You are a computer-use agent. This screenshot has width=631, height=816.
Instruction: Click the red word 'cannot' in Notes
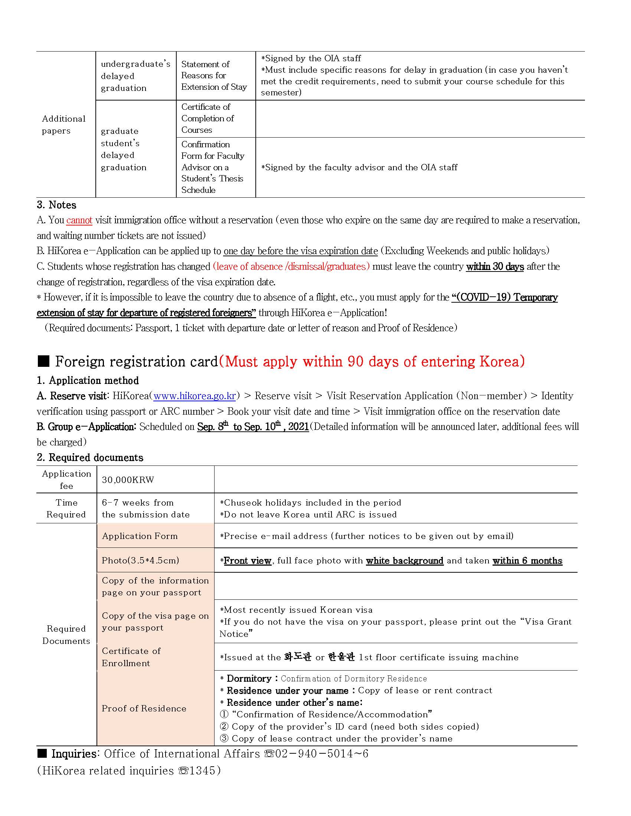[79, 220]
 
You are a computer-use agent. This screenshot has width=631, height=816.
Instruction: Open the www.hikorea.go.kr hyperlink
[194, 396]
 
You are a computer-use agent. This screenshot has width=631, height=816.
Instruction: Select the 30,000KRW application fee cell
[128, 480]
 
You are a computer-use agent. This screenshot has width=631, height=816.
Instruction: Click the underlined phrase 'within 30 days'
[494, 266]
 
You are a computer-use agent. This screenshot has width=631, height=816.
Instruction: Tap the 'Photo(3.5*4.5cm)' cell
[140, 560]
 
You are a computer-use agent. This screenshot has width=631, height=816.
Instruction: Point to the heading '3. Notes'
[56, 205]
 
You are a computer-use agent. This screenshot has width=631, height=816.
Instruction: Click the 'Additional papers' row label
[63, 124]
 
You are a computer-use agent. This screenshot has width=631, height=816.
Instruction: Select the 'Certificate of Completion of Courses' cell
[207, 118]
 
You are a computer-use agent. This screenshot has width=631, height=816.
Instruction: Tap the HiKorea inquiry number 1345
[202, 770]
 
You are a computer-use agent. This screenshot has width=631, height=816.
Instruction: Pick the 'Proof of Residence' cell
[144, 708]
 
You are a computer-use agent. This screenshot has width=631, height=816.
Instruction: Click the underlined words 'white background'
[405, 560]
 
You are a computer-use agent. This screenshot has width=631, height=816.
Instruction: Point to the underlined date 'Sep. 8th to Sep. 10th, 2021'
[253, 427]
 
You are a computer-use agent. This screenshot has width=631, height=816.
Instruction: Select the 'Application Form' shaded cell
[140, 536]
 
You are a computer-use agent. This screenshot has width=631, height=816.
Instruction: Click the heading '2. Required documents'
[90, 457]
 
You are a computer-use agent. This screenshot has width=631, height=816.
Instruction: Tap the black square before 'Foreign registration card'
[44, 361]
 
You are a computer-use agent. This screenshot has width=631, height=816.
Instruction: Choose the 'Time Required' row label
[66, 508]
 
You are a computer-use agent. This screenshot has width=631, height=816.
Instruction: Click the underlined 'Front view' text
[248, 560]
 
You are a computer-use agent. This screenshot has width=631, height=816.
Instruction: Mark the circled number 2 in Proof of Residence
[224, 726]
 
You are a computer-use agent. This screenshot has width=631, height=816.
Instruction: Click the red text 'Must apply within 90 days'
[372, 361]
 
